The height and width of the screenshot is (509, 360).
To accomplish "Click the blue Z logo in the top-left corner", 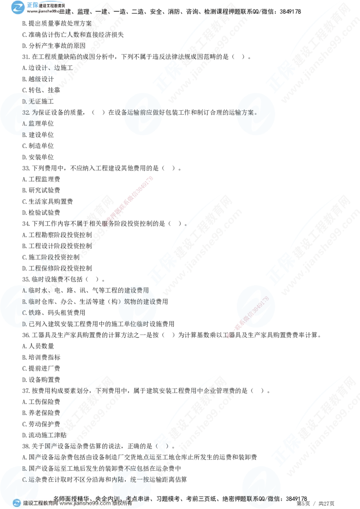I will pyautogui.click(x=18, y=7).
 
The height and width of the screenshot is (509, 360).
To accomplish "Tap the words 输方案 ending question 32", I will pyautogui.click(x=245, y=113).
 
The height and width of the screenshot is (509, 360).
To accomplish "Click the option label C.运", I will pyautogui.click(x=28, y=479).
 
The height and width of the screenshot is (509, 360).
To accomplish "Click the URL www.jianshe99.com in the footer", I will pyautogui.click(x=85, y=504).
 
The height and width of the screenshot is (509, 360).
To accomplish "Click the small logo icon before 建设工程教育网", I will pyautogui.click(x=17, y=504).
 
